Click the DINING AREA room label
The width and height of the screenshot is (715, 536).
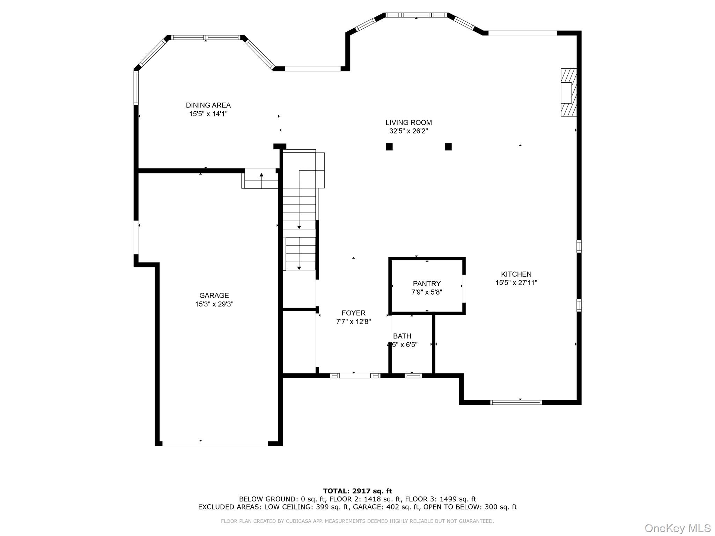point(208,105)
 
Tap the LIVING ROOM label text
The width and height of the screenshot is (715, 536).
point(408,122)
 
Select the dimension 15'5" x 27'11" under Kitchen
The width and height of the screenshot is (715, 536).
point(516,283)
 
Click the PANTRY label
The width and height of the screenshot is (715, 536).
point(427,284)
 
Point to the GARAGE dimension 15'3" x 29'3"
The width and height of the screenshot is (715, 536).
point(214,304)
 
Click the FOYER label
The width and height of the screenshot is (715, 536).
point(353,313)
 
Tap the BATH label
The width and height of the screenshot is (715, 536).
point(402,336)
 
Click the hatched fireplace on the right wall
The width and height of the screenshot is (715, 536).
point(568,92)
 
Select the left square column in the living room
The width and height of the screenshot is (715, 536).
point(389,147)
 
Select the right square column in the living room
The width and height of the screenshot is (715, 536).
point(449,147)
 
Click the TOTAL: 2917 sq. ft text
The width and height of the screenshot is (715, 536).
point(357,491)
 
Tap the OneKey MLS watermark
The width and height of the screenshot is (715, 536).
point(677,528)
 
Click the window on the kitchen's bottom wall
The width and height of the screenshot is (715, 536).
point(516,402)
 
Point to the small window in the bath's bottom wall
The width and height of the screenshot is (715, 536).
point(413,376)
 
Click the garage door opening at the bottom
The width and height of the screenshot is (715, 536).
point(215,444)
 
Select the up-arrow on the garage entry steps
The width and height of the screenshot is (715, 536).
point(261,175)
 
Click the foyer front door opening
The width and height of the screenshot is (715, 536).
point(355,376)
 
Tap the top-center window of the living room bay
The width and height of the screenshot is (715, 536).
point(416,15)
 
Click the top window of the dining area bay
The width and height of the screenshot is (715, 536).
point(206,37)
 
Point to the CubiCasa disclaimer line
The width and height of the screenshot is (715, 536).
point(357,521)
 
